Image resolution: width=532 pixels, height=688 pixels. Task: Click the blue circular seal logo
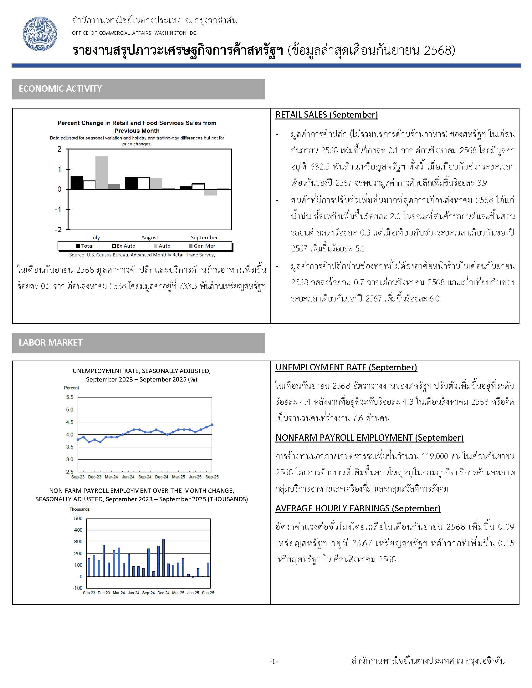pyautogui.click(x=40, y=34)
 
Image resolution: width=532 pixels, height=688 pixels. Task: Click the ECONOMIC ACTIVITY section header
pyautogui.click(x=60, y=89)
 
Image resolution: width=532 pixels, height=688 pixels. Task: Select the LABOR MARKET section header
pyautogui.click(x=50, y=343)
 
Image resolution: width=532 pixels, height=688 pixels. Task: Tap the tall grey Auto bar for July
pyautogui.click(x=101, y=173)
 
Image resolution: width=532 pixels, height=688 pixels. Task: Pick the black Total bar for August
pyautogui.click(x=131, y=183)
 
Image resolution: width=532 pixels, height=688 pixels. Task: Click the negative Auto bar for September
pyautogui.click(x=211, y=192)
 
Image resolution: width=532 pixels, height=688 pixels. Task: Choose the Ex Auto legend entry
pyautogui.click(x=124, y=246)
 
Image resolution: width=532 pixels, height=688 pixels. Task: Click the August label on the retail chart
pyautogui.click(x=150, y=238)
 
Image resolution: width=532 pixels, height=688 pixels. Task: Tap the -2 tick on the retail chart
pyautogui.click(x=58, y=230)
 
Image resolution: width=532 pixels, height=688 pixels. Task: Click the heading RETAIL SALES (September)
pyautogui.click(x=326, y=115)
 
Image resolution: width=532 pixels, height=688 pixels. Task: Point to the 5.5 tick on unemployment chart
pyautogui.click(x=70, y=397)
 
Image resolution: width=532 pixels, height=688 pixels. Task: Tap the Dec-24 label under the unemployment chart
pyautogui.click(x=161, y=477)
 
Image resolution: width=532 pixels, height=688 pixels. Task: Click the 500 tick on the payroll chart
pyautogui.click(x=78, y=519)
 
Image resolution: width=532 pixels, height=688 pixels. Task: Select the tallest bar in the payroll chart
pyautogui.click(x=163, y=558)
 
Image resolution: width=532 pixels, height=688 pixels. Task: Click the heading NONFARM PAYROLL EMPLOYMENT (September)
pyautogui.click(x=369, y=438)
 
